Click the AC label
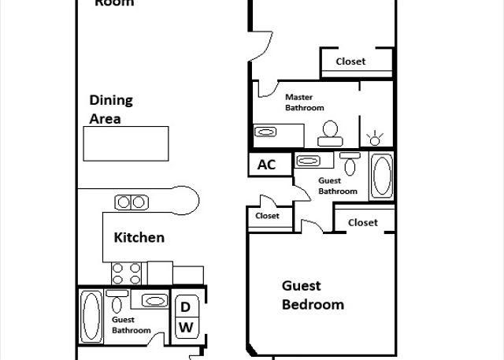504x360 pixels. pos(266,165)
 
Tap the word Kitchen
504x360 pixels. pos(139,238)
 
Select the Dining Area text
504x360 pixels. pos(111,109)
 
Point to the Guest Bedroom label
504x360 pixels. pos(313,295)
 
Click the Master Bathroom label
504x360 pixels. pos(305,102)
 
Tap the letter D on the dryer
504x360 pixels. pos(185,307)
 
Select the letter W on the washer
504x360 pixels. pos(186,327)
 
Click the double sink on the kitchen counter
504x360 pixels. pos(132,202)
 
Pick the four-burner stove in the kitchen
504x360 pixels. pos(126,273)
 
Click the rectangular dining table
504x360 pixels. pos(126,143)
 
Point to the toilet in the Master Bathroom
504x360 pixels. pos(330,133)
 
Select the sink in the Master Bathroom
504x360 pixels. pos(265,132)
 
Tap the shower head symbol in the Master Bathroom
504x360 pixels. pos(375,138)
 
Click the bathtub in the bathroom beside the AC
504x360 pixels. pos(382,176)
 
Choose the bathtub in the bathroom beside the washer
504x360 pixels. pos(91,316)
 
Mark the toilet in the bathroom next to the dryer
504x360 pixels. pos(117,301)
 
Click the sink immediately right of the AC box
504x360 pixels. pos(308,161)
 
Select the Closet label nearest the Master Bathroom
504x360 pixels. pos(350,61)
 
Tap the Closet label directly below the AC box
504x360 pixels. pos(267,216)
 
